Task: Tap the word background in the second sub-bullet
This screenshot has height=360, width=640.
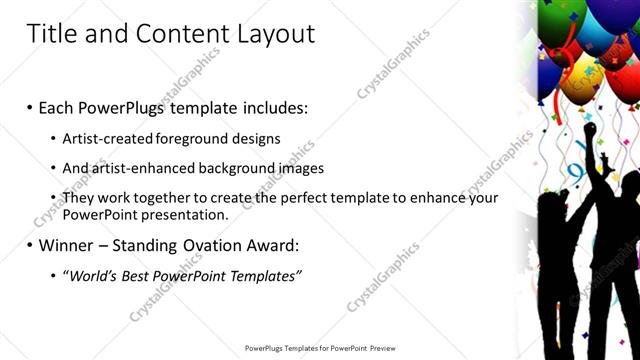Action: coord(234,168)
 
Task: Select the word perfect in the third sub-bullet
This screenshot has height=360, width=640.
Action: coord(302,198)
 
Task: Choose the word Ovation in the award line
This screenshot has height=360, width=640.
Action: coord(219,245)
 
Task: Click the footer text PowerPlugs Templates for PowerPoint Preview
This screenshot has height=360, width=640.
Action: coord(319,348)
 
